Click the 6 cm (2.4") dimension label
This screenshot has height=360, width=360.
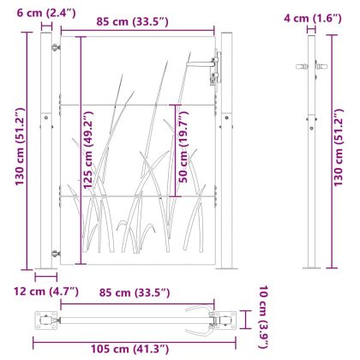[46, 13]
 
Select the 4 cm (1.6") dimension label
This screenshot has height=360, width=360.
[313, 18]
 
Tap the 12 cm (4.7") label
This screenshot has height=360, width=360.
[46, 291]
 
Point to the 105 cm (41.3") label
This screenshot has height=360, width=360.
[130, 349]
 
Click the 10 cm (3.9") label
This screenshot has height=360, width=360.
[263, 317]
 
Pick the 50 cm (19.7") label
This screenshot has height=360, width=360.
[183, 147]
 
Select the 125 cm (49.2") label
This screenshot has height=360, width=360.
[88, 149]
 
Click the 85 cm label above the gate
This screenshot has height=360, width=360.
[132, 21]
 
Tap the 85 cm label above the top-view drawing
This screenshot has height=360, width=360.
[135, 292]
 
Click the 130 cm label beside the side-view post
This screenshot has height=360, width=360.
[339, 147]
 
